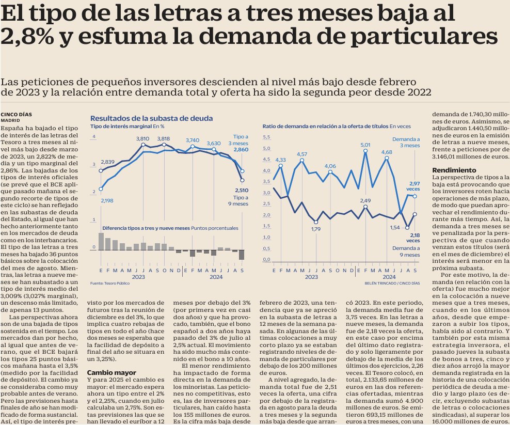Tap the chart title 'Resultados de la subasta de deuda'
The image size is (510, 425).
click(151, 118)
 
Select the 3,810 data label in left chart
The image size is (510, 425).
click(142, 138)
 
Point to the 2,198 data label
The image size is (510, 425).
click(107, 200)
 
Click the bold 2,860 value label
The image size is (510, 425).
click(241, 149)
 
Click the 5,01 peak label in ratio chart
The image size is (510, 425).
click(365, 145)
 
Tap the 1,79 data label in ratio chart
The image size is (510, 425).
click(316, 229)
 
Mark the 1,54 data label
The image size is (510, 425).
click(394, 227)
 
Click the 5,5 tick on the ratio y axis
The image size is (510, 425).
click(267, 137)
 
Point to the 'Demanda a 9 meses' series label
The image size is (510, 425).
click(406, 251)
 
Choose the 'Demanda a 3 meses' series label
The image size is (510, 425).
click(406, 143)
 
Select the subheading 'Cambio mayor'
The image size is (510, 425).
click(111, 371)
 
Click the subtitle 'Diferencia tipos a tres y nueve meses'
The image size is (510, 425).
click(146, 228)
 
